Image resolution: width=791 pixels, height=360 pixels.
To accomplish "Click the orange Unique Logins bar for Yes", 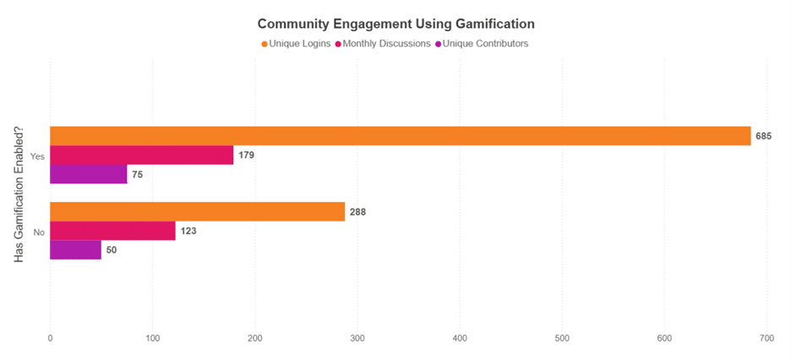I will (400, 136).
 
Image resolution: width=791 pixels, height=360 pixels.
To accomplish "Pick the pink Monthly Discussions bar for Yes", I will (141, 155).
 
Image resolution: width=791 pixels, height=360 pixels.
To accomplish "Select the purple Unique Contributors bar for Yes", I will (88, 174).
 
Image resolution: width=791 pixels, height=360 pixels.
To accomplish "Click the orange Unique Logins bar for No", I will (197, 211).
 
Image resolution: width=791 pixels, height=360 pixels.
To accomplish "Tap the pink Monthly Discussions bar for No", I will (112, 231).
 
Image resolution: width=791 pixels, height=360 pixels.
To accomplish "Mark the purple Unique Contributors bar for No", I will (75, 249).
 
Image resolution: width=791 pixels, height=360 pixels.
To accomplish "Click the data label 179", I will (247, 155).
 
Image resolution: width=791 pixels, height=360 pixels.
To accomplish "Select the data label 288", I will (358, 211).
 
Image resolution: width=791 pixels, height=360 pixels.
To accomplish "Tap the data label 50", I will (112, 250).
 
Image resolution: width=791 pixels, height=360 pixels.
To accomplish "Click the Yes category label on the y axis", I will (36, 155).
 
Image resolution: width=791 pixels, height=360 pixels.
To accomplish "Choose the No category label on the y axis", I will (38, 231).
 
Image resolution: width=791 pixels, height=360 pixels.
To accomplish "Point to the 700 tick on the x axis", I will (766, 338).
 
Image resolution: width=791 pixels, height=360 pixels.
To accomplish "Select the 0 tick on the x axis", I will (50, 338).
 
